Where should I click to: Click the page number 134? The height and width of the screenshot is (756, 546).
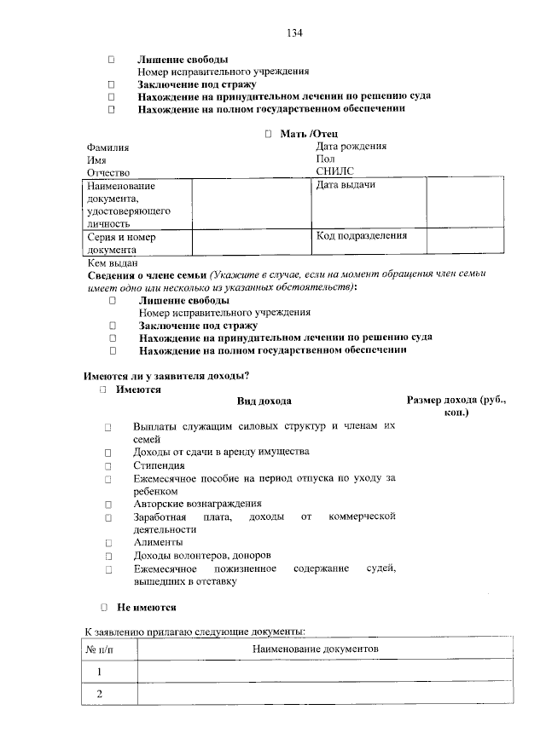(x=294, y=33)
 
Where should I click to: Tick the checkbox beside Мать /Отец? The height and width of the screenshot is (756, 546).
(x=268, y=134)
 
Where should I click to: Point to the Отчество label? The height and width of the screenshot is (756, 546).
(x=107, y=172)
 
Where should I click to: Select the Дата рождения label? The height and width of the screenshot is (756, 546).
(x=351, y=146)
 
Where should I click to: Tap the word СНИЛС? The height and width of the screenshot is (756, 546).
(x=334, y=171)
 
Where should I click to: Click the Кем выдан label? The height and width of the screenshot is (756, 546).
(x=111, y=263)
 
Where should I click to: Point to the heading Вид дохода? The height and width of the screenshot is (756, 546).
(x=264, y=401)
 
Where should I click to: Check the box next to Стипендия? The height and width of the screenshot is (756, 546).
(x=109, y=466)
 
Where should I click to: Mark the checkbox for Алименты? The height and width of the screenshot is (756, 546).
(x=109, y=542)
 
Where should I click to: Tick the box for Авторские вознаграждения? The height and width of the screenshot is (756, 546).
(x=109, y=504)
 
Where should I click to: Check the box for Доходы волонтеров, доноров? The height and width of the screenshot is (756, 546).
(x=109, y=556)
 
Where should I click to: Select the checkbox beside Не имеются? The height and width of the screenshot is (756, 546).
(x=102, y=608)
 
